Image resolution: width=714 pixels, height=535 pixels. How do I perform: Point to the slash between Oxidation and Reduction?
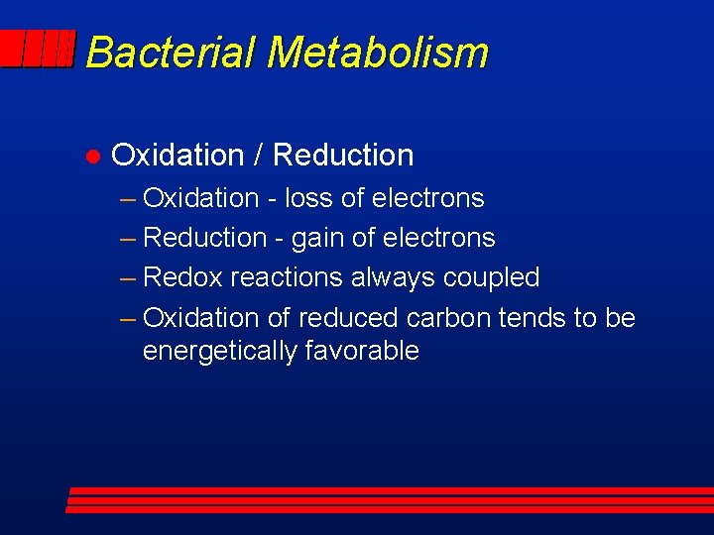tap(258, 156)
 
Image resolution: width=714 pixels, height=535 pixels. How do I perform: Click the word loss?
tap(308, 198)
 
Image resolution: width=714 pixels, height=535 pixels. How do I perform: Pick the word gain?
tap(315, 239)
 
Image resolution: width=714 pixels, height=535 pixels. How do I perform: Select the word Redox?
tap(183, 277)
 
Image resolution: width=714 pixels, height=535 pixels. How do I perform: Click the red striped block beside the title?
tap(38, 50)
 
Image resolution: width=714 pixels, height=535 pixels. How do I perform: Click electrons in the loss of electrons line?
tap(427, 198)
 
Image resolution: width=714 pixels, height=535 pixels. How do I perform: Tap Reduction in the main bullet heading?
tap(343, 156)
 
